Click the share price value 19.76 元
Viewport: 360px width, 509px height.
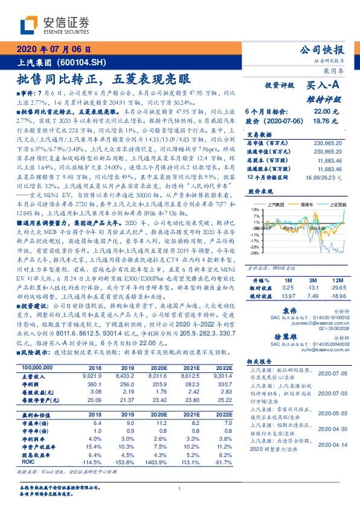click(327, 122)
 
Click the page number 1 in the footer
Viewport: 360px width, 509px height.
click(179, 489)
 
